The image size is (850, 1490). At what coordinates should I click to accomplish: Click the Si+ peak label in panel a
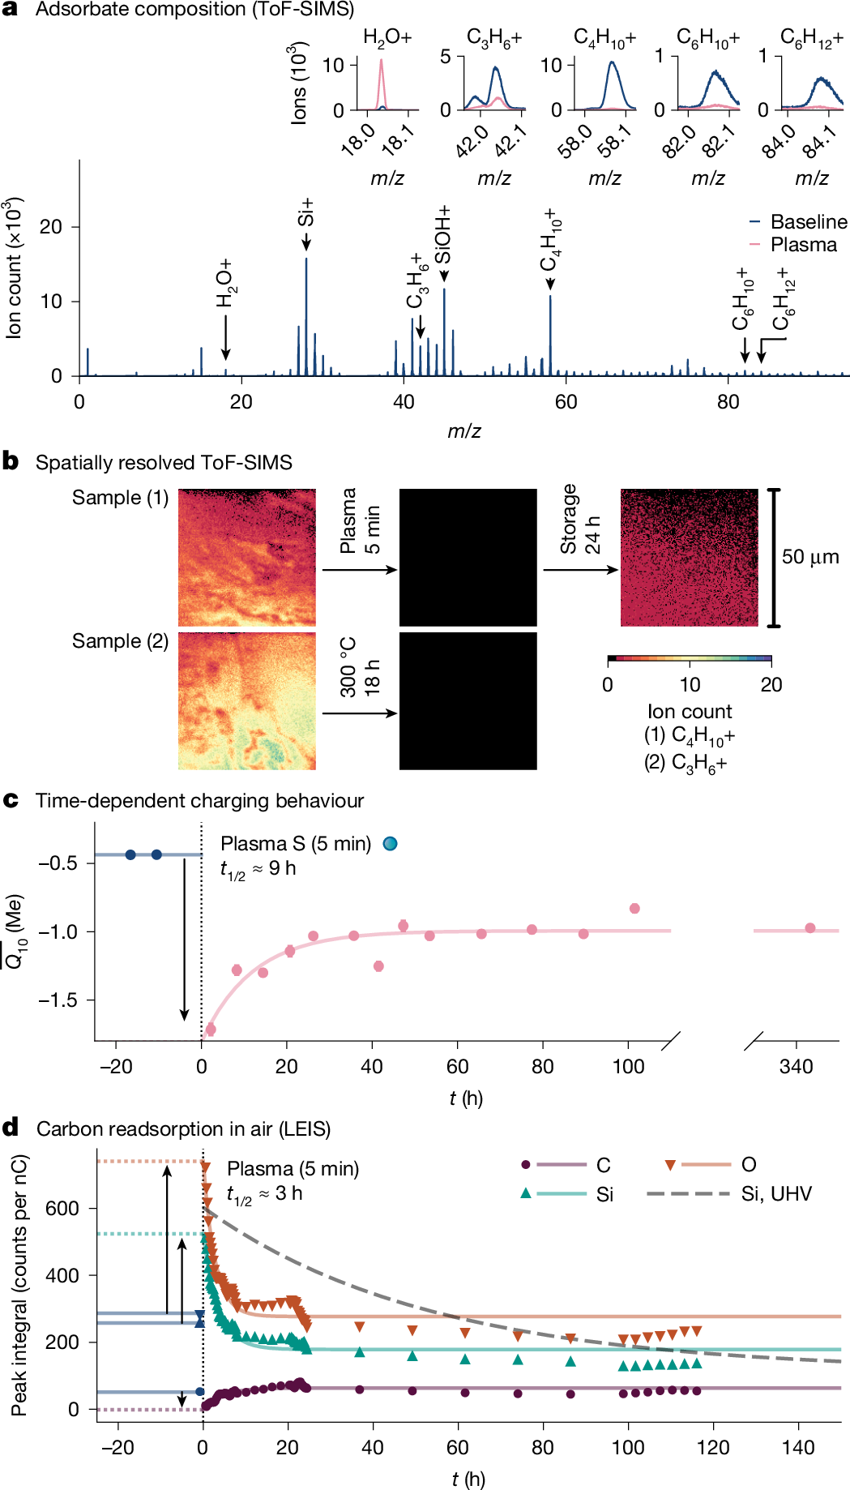[305, 212]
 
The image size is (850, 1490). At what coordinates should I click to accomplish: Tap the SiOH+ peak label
[443, 234]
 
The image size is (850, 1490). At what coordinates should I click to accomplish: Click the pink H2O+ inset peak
[381, 81]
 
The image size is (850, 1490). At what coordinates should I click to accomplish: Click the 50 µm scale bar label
[809, 557]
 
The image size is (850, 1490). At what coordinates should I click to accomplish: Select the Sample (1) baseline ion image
[247, 558]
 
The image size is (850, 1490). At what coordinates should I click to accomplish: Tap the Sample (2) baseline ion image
[247, 701]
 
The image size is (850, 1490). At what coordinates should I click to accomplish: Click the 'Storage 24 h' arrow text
[579, 519]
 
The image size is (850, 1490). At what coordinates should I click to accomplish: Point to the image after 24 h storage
[690, 558]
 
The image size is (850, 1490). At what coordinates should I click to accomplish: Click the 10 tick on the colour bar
[690, 684]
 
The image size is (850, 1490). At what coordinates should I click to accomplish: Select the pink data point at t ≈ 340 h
[809, 928]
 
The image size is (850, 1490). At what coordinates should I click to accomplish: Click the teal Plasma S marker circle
[390, 844]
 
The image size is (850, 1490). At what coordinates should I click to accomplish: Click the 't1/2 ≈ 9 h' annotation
[258, 869]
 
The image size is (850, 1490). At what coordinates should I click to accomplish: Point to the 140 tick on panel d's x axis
[798, 1447]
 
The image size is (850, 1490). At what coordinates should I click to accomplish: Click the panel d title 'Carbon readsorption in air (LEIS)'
[183, 1129]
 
